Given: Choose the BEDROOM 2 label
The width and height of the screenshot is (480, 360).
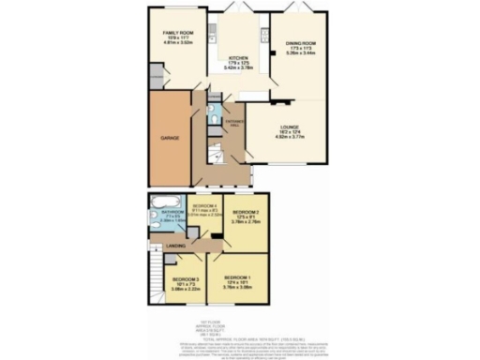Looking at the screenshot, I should point(245,212).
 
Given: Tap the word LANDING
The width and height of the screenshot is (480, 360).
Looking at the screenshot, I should point(174,246).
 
